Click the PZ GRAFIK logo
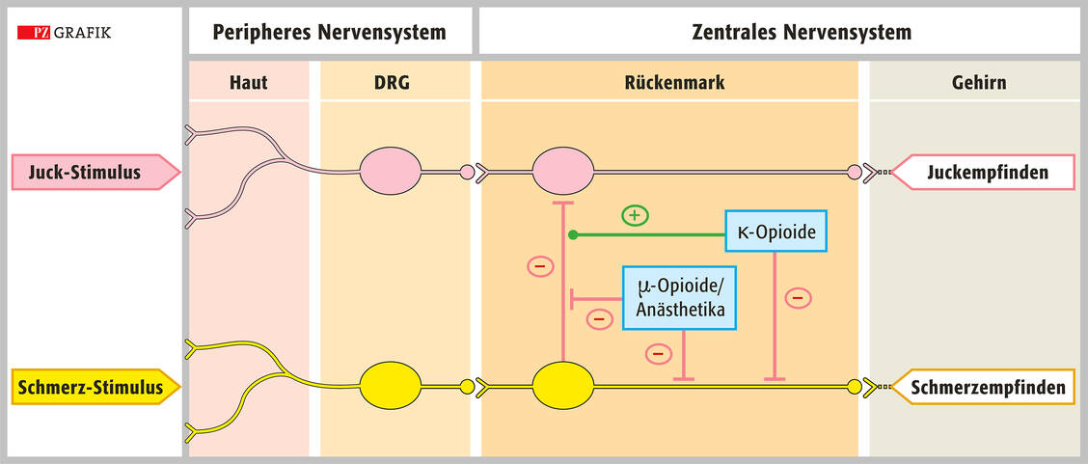pyautogui.click(x=65, y=33)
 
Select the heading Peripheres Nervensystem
pyautogui.click(x=317, y=32)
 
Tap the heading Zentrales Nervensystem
pyautogui.click(x=802, y=32)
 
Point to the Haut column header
pyautogui.click(x=249, y=83)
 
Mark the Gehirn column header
pyautogui.click(x=979, y=83)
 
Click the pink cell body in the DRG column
pyautogui.click(x=391, y=173)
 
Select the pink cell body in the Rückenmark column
pyautogui.click(x=563, y=173)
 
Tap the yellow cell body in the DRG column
pyautogui.click(x=391, y=387)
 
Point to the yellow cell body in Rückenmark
pyautogui.click(x=563, y=387)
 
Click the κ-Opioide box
pyautogui.click(x=775, y=233)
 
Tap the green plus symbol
pyautogui.click(x=634, y=215)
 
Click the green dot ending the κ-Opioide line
pyautogui.click(x=572, y=234)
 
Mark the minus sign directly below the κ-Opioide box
pyautogui.click(x=798, y=298)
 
